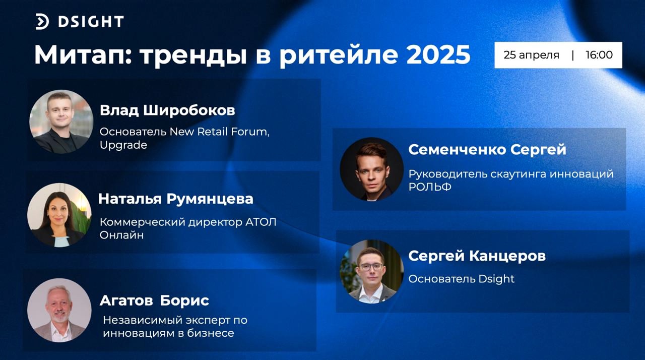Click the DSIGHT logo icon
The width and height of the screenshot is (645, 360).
(x=42, y=22)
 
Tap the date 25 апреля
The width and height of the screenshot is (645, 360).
(x=531, y=55)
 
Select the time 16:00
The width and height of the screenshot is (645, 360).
(x=599, y=55)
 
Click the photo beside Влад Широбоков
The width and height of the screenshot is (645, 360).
(x=61, y=122)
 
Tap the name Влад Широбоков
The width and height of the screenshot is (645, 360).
(x=167, y=110)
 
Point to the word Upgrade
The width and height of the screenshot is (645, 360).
(x=123, y=145)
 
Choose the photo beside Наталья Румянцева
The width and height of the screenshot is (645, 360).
(x=59, y=215)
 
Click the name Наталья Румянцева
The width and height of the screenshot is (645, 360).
(x=176, y=199)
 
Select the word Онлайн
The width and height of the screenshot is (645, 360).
(x=121, y=235)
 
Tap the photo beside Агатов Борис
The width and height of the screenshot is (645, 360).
(x=59, y=310)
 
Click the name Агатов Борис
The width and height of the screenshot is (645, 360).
(x=154, y=301)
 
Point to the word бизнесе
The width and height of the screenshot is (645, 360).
(x=211, y=333)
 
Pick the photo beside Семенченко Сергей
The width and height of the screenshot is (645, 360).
(x=372, y=169)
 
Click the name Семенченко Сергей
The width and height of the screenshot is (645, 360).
(x=487, y=149)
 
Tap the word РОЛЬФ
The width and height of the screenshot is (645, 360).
(x=430, y=187)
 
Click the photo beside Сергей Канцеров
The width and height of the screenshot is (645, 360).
(x=372, y=272)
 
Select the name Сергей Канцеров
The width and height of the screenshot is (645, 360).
(x=477, y=256)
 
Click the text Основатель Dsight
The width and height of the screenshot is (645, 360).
(x=461, y=279)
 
